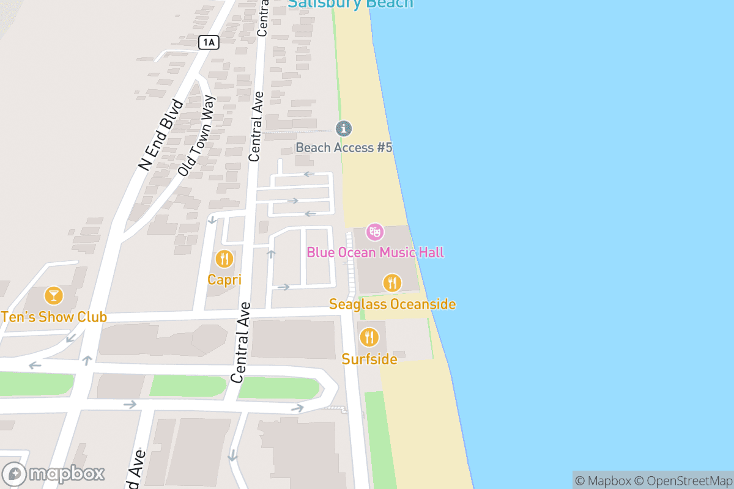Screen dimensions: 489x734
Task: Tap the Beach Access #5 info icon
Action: pos(344,128)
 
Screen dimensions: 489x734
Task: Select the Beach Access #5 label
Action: pos(344,147)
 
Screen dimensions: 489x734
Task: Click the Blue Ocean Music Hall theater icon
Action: pos(374,232)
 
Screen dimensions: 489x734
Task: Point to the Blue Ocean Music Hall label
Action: pos(375,252)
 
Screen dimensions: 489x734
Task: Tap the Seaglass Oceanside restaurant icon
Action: pos(392,282)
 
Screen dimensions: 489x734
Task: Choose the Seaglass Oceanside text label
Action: pos(392,304)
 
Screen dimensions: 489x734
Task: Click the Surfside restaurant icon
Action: pos(369,337)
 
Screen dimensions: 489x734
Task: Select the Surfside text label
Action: pos(369,359)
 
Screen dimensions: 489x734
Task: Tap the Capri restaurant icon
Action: pos(224,259)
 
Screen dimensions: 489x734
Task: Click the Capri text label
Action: pos(224,280)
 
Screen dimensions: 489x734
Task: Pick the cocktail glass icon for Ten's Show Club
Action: pos(54,296)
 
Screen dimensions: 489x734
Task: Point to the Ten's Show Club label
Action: pos(54,317)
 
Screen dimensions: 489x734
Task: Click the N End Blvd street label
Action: pos(161,135)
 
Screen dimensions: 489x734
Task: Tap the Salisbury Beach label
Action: pos(350,4)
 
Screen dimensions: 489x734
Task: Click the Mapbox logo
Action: pos(54,474)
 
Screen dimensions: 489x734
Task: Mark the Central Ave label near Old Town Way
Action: pos(256,127)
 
